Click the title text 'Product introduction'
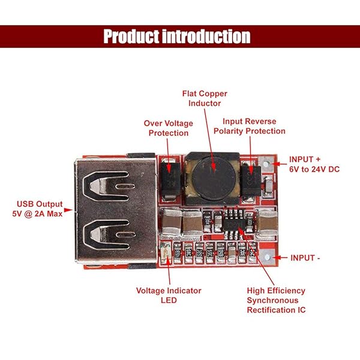click(177, 37)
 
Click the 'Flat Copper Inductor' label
click(205, 98)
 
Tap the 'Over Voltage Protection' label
click(169, 128)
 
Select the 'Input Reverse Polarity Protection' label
click(250, 126)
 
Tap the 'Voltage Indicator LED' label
click(169, 295)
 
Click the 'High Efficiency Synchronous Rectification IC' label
click(276, 300)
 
